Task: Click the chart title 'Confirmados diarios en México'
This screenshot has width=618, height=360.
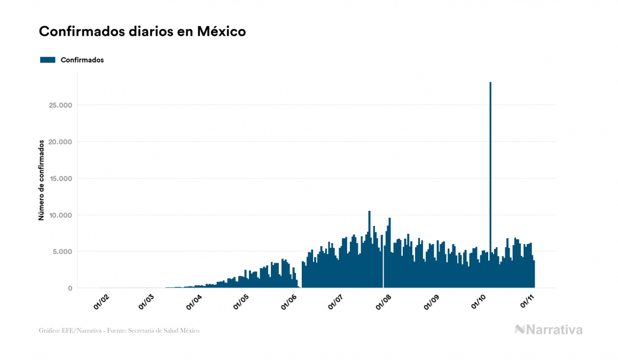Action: [142, 32]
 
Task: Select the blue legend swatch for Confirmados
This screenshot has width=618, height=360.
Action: [48, 60]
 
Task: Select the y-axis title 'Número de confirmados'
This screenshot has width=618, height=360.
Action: [41, 180]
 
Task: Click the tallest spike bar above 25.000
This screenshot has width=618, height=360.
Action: [490, 160]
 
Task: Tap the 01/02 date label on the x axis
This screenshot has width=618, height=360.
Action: [101, 302]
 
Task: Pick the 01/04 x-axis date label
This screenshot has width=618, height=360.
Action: [194, 302]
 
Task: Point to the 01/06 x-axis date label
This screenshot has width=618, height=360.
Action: [290, 302]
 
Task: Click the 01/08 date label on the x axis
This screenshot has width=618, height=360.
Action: [384, 302]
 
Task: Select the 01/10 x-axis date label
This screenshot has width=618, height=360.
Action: [479, 302]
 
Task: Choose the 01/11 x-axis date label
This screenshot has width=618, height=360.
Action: [527, 302]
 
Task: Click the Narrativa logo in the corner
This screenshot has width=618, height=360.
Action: [549, 330]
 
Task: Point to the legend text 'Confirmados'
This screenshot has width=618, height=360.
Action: [82, 60]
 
